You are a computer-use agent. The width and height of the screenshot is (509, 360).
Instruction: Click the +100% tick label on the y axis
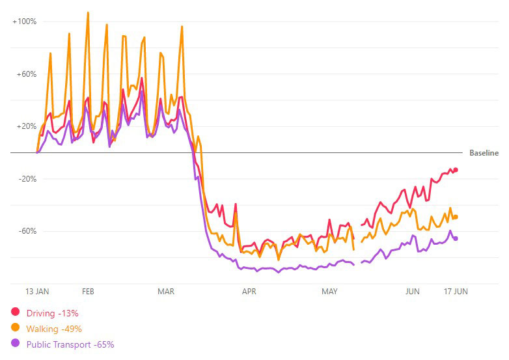[25, 21]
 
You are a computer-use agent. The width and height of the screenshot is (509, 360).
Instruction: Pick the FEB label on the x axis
[88, 292]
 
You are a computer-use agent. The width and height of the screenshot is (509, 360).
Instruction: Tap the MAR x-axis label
[166, 292]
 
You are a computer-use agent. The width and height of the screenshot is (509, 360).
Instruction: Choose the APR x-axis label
[249, 292]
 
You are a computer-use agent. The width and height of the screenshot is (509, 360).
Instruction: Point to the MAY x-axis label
[330, 292]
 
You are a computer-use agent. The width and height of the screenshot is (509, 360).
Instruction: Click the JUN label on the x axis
[412, 292]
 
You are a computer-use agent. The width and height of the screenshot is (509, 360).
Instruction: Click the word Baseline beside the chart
[484, 153]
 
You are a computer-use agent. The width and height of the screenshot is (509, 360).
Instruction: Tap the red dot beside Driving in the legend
[16, 312]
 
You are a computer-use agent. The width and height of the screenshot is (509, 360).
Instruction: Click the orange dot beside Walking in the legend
[16, 328]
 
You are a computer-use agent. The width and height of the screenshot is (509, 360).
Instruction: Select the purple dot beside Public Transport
[16, 344]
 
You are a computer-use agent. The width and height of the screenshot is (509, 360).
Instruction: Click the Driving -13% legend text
[53, 313]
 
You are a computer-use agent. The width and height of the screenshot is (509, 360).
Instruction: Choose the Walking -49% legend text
[54, 329]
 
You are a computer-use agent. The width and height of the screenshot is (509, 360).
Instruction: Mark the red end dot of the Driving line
[456, 170]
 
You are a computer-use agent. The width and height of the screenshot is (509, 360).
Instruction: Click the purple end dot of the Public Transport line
[456, 238]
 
